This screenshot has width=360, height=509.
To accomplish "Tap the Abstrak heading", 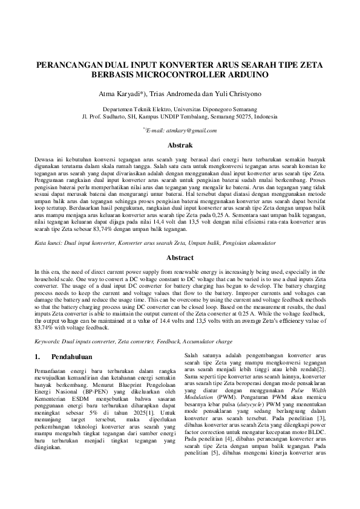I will [x=180, y=146].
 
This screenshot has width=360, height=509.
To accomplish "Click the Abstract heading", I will [x=180, y=256].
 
